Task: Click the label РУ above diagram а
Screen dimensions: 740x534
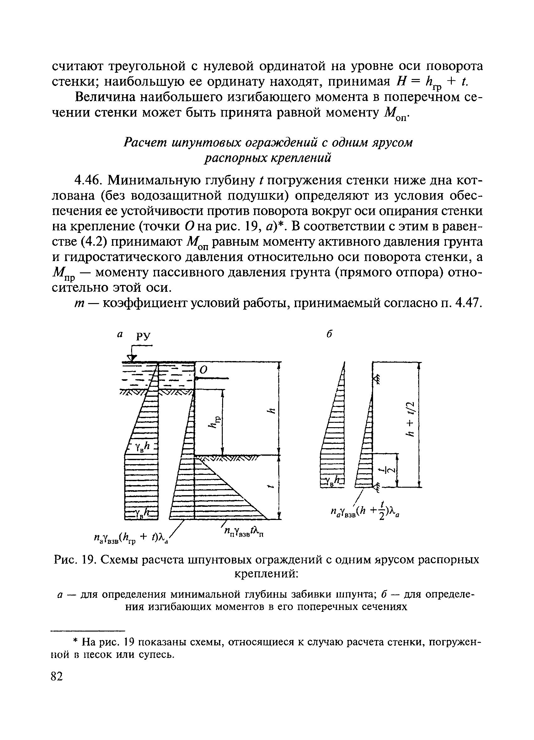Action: pyautogui.click(x=143, y=336)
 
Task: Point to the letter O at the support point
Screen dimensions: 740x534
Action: pyautogui.click(x=204, y=370)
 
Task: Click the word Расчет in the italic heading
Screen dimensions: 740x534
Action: pyautogui.click(x=144, y=143)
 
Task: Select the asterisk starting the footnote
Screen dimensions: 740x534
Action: pyautogui.click(x=76, y=643)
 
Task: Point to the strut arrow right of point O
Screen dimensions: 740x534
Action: pyautogui.click(x=212, y=378)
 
